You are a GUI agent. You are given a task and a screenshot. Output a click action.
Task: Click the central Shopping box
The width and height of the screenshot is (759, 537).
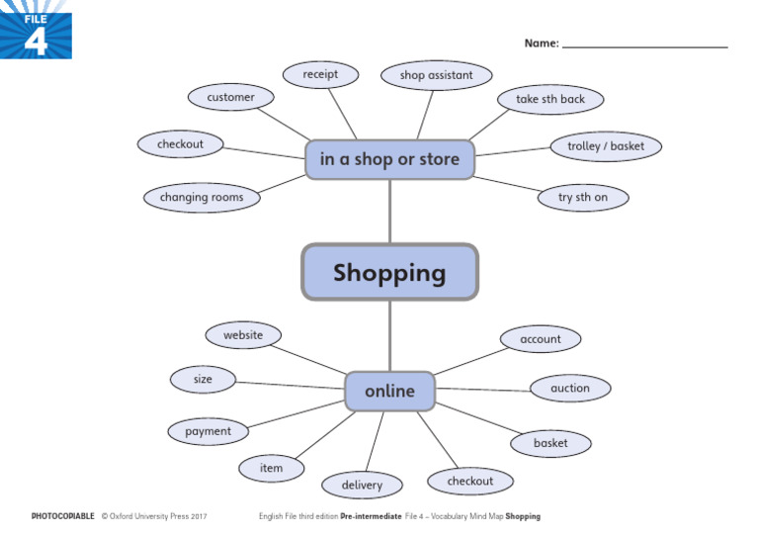(x=389, y=272)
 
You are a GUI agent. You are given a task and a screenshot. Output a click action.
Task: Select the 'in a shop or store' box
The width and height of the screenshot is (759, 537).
(x=389, y=159)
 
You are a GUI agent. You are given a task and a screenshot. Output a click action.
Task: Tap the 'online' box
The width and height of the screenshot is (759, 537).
(x=389, y=392)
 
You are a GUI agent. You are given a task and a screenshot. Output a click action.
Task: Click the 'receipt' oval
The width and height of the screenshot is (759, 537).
(x=320, y=74)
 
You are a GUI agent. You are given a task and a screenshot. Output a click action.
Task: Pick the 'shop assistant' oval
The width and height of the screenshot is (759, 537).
(x=436, y=75)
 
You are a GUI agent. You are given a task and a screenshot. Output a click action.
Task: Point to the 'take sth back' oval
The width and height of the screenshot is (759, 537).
(x=550, y=99)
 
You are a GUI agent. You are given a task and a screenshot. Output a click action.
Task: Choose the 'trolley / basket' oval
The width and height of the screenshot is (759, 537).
(x=606, y=146)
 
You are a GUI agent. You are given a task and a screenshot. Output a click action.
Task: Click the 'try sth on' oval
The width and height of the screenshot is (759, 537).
(x=583, y=197)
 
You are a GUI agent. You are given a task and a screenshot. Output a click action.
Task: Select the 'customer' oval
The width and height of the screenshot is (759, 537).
(x=230, y=97)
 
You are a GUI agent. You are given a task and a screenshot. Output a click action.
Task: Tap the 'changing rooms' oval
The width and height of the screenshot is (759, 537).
(x=202, y=197)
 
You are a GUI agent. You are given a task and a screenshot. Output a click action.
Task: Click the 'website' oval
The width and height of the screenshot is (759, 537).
(x=243, y=335)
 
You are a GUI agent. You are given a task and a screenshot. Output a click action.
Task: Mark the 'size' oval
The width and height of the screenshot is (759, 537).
(x=203, y=379)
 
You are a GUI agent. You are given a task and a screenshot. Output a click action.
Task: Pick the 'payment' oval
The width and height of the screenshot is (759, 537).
(x=208, y=431)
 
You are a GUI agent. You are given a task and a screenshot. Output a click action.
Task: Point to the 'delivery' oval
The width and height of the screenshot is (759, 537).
(x=362, y=485)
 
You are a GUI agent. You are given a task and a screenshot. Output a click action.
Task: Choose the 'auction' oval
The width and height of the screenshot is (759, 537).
(x=570, y=388)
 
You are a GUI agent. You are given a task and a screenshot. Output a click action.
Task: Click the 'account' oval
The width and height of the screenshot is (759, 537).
(x=541, y=338)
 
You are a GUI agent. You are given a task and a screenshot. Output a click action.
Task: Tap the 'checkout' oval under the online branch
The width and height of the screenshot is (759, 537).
(x=470, y=481)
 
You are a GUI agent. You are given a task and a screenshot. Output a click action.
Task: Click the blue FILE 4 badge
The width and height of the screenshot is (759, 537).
(x=36, y=30)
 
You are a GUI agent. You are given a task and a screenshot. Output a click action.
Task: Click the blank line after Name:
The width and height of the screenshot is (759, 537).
(x=644, y=44)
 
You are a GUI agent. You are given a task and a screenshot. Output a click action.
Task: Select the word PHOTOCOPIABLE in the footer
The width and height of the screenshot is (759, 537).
(x=63, y=516)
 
